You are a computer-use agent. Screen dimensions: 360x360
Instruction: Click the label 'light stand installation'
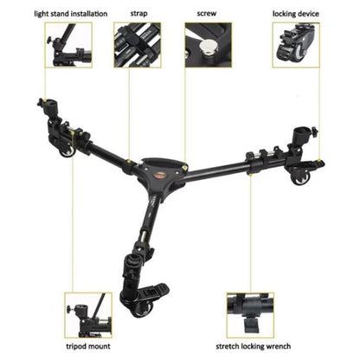point(60,15)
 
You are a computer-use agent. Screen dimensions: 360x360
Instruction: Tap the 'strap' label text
point(138,15)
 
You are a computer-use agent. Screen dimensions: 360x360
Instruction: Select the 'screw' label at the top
point(209,15)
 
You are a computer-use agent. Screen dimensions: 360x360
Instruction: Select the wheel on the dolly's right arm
point(301,177)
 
